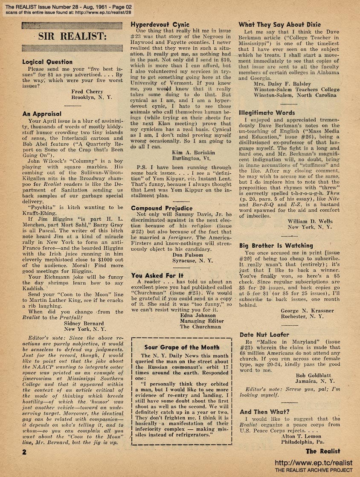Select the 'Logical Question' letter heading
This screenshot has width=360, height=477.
point(48,62)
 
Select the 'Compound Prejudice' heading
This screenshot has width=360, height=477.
point(162,208)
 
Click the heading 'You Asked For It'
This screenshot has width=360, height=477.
point(158,275)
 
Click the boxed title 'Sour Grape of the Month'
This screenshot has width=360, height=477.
point(181,347)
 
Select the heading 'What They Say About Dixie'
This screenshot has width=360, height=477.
point(279,25)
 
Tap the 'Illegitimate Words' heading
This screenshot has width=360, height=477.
point(267,113)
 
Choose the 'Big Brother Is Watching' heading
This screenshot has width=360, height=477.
point(276,246)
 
